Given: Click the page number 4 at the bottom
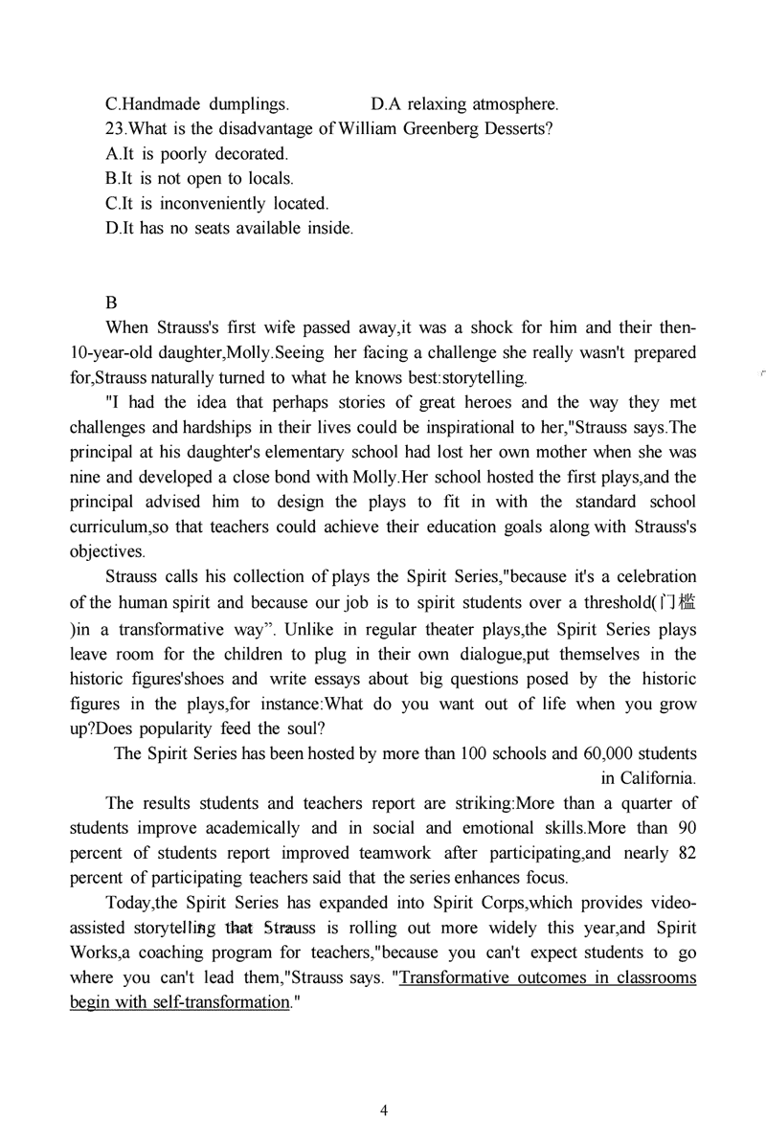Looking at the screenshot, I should point(384,1110).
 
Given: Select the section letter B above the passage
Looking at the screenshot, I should point(111,303).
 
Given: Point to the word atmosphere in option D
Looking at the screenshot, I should point(513,103).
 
